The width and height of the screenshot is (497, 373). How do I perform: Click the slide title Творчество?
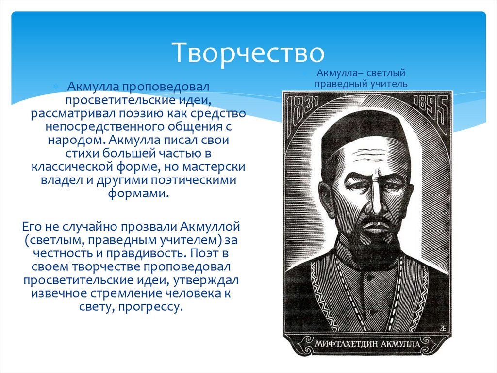click(x=248, y=53)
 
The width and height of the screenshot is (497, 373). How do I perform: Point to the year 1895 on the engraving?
click(x=431, y=107)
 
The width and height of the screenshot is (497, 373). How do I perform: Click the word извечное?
click(x=57, y=294)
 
